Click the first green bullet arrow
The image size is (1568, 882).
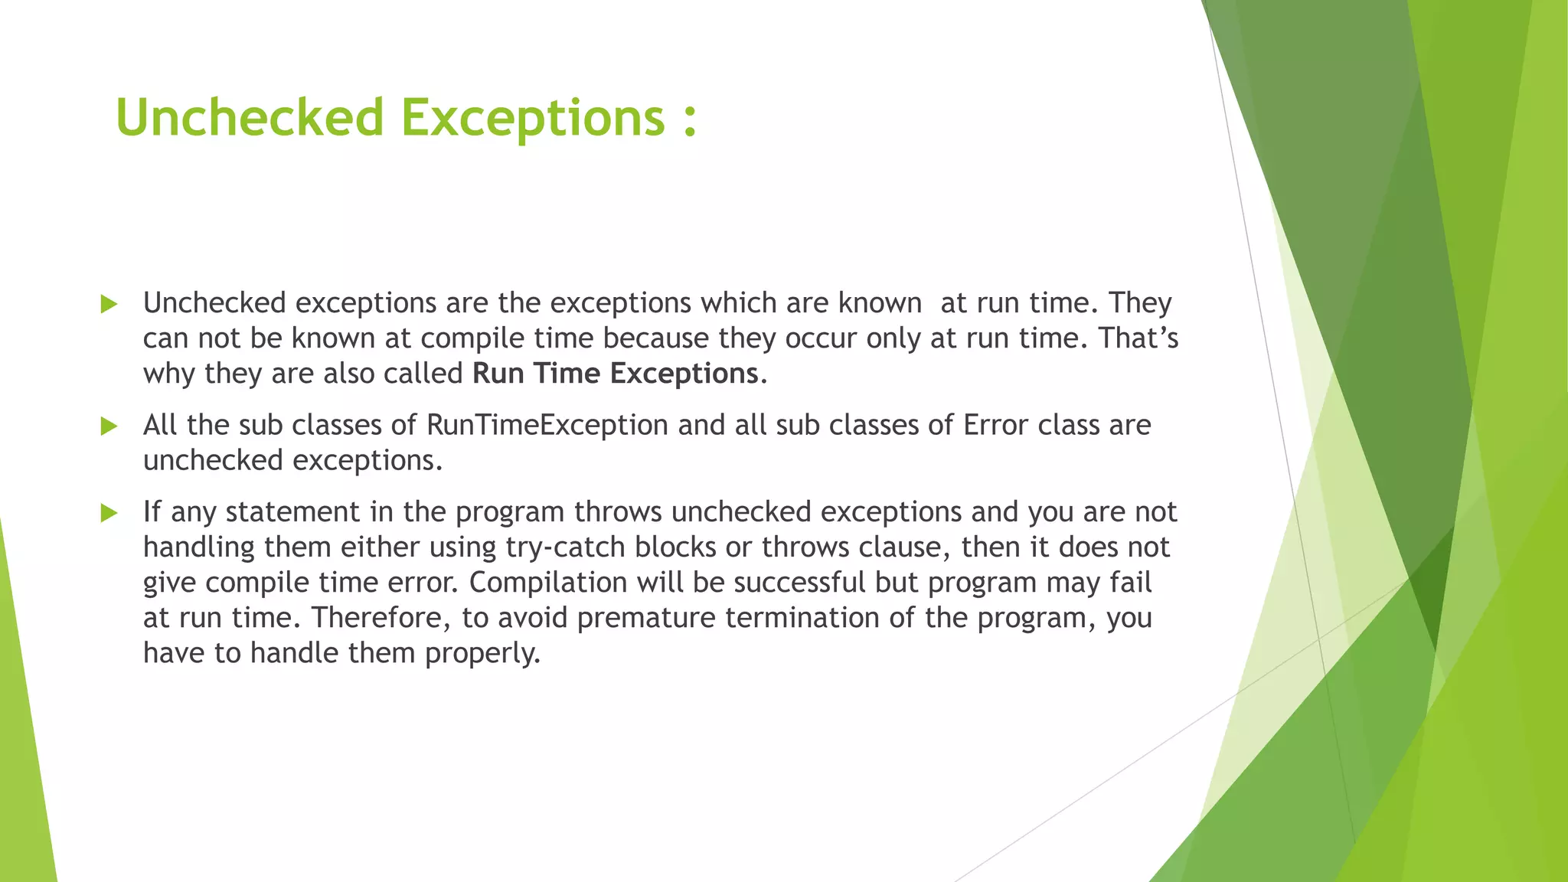tap(109, 305)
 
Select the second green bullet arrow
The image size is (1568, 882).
tap(109, 426)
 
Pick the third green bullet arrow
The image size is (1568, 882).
tap(109, 513)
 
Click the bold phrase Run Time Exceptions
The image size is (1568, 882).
tap(616, 374)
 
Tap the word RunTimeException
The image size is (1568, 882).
tap(547, 425)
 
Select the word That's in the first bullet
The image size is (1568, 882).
tap(1138, 338)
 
